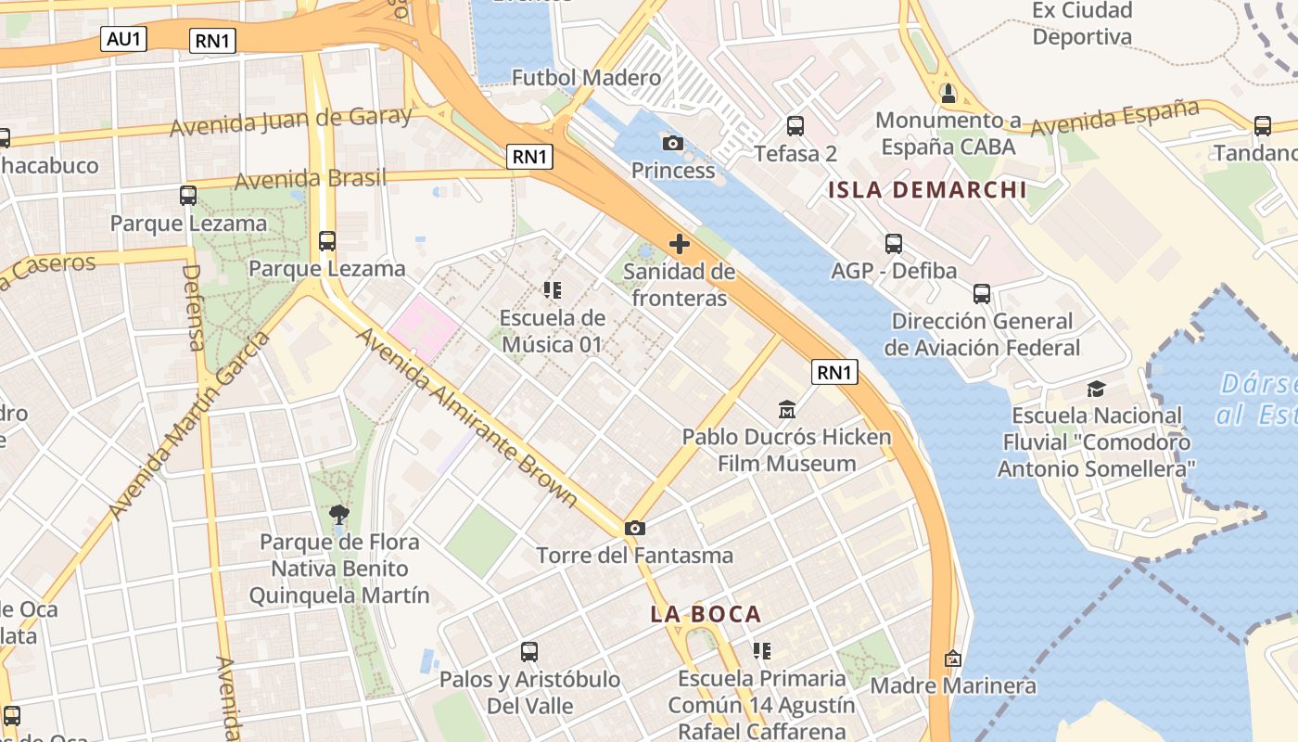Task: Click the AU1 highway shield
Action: click(123, 38)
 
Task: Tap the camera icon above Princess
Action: click(673, 143)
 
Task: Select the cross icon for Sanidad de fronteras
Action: click(680, 244)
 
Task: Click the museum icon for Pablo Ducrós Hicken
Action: click(787, 409)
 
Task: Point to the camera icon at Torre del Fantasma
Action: click(634, 528)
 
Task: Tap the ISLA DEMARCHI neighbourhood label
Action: click(927, 190)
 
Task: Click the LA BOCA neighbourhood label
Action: click(706, 614)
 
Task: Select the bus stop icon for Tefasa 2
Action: click(795, 125)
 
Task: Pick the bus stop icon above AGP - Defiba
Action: click(893, 244)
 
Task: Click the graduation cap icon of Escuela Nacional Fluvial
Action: click(1097, 389)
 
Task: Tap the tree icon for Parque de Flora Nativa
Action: click(339, 514)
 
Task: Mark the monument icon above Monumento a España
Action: click(948, 93)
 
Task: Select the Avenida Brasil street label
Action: click(310, 178)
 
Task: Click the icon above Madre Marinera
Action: click(952, 659)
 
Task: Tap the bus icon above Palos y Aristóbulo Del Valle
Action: click(528, 652)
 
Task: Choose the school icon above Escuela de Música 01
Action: click(553, 290)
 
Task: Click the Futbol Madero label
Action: click(586, 78)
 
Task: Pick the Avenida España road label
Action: click(1114, 117)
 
